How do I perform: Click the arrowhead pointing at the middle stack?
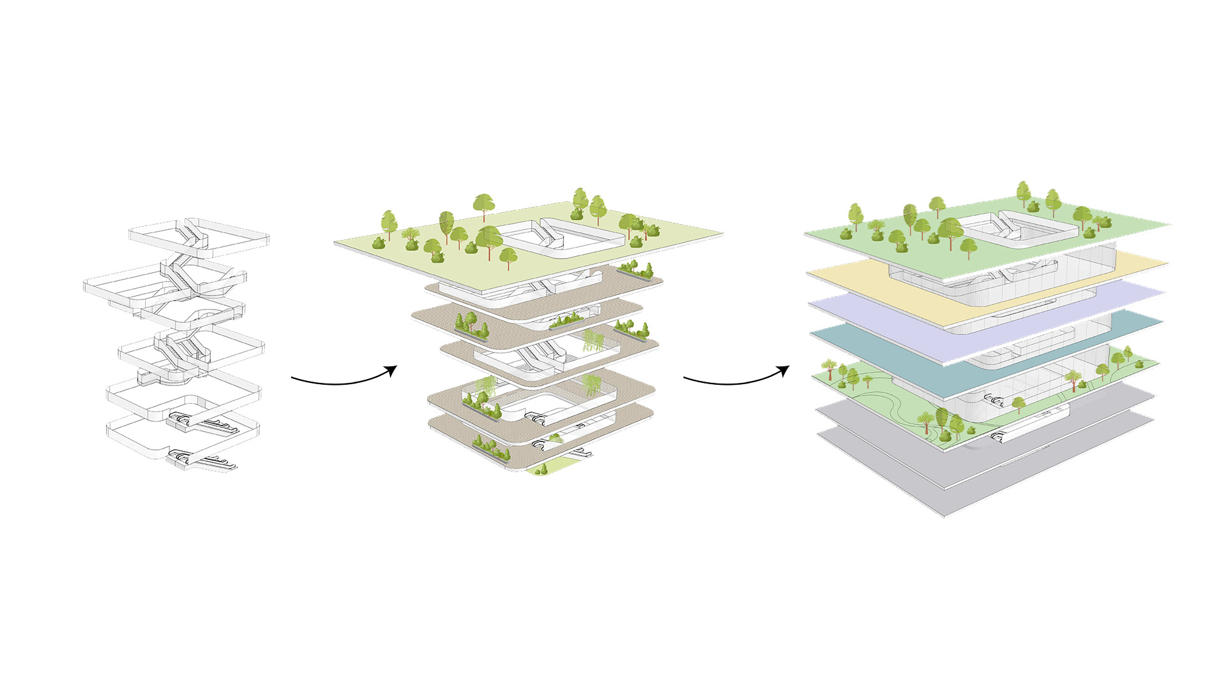(x=392, y=370)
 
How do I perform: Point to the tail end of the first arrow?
(x=292, y=378)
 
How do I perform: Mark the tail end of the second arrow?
(x=685, y=378)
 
